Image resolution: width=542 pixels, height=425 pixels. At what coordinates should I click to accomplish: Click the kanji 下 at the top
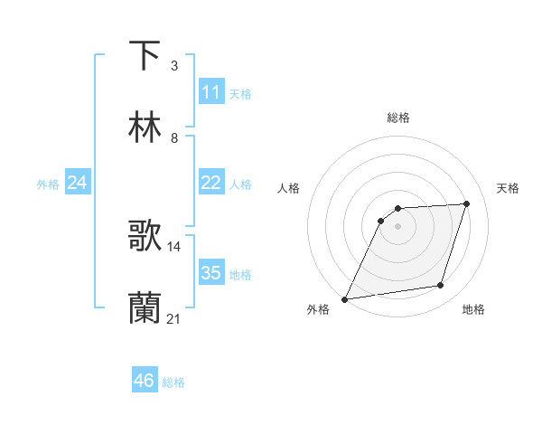(x=145, y=56)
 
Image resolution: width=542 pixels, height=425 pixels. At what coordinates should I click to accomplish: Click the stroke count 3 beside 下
(x=174, y=66)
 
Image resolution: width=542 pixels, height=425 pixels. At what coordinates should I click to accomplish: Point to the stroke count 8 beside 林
(x=174, y=138)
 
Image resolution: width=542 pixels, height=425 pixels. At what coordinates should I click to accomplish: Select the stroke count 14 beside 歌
(x=174, y=246)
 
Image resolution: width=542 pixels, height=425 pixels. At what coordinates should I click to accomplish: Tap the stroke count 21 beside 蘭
(x=174, y=318)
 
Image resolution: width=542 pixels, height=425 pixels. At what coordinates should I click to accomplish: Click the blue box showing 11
(x=210, y=91)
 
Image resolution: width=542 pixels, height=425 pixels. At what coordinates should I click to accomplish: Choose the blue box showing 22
(x=210, y=183)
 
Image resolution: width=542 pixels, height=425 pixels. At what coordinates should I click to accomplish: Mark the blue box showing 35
(x=210, y=273)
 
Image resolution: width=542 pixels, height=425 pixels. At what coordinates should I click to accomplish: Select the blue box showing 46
(x=145, y=381)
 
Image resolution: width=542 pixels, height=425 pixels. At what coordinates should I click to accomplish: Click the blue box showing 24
(x=78, y=183)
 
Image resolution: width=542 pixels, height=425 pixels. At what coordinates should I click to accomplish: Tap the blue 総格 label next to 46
(x=173, y=382)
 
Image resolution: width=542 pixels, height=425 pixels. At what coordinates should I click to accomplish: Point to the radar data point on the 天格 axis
(x=467, y=203)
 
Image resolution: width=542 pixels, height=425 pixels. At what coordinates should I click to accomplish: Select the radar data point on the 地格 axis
(x=441, y=286)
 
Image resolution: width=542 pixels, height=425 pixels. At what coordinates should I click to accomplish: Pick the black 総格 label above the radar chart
(x=398, y=118)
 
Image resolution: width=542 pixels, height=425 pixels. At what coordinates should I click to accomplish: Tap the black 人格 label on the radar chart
(x=289, y=188)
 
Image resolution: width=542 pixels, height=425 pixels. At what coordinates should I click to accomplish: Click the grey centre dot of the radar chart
(x=398, y=226)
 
